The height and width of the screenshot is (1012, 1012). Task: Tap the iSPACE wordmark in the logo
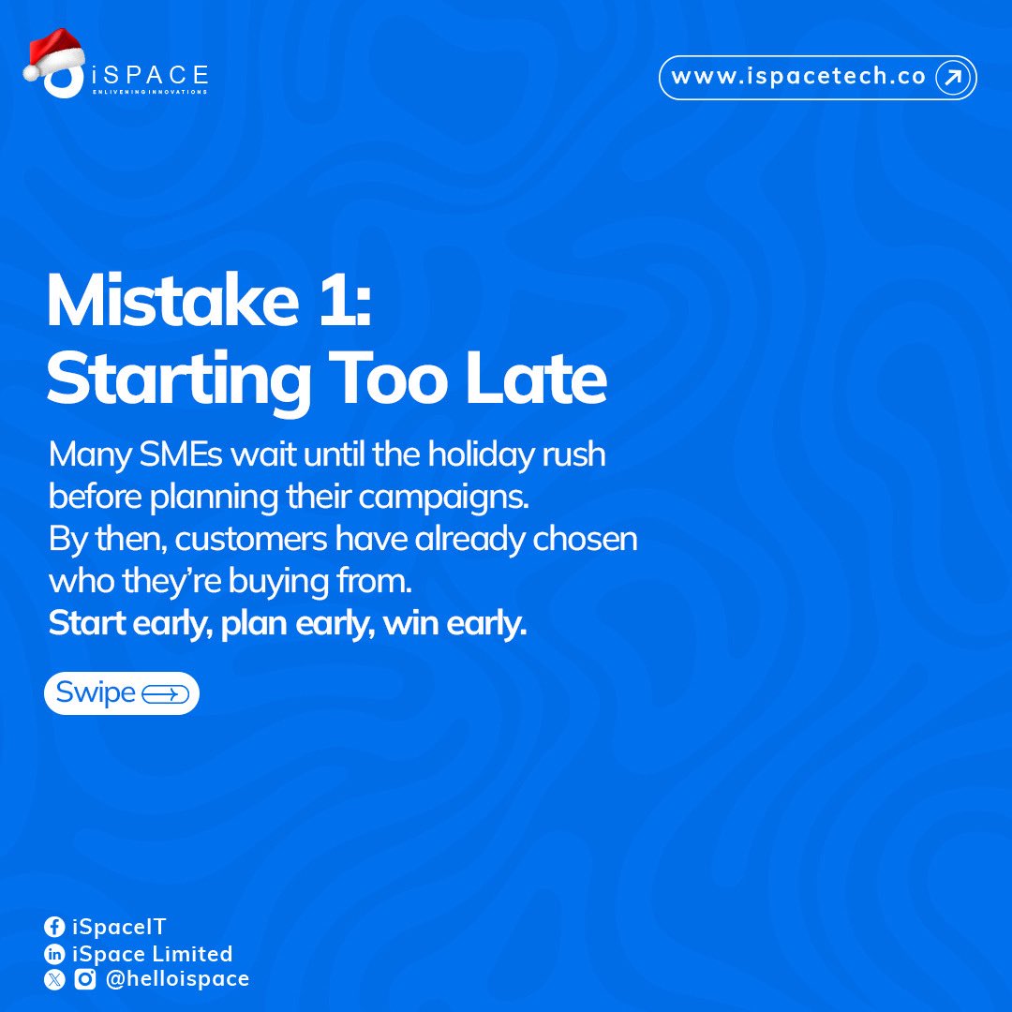[150, 76]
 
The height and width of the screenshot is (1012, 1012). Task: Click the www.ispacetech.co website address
[798, 78]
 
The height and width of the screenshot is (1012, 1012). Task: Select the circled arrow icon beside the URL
[953, 78]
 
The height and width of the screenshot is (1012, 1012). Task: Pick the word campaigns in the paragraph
[456, 499]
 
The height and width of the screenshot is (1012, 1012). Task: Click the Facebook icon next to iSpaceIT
[54, 928]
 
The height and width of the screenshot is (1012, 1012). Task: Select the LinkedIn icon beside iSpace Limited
[54, 954]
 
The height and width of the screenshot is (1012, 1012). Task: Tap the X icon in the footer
[54, 979]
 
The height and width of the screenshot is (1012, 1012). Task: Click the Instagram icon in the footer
[84, 979]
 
